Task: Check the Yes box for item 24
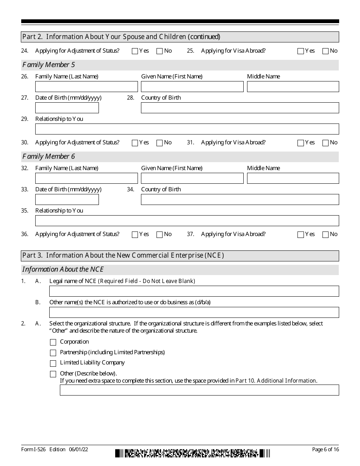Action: (135, 51)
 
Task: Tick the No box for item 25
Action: (325, 51)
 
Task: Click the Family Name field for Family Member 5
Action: (86, 87)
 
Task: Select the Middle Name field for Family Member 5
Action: (293, 87)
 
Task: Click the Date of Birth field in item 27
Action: (67, 108)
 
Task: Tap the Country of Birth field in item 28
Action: (240, 108)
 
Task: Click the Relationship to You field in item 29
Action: (187, 129)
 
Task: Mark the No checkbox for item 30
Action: (160, 143)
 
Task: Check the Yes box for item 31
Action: (301, 143)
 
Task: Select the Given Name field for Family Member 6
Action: (192, 178)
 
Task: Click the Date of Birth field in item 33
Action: (67, 200)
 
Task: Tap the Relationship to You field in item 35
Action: (187, 221)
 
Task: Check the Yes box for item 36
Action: (135, 235)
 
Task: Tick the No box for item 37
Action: (325, 235)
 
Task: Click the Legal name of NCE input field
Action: (194, 291)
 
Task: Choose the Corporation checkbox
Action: (53, 342)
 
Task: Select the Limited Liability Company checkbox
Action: (53, 363)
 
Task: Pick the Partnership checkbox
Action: (53, 353)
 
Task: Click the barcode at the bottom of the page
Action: (193, 453)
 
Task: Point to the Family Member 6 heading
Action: (49, 156)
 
